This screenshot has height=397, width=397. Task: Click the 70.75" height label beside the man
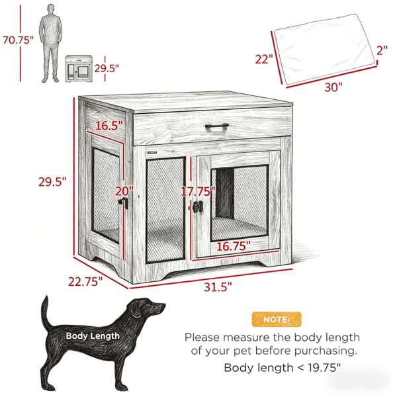point(18,40)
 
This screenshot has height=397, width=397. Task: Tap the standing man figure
point(51,43)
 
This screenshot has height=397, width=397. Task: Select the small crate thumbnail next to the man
point(79,69)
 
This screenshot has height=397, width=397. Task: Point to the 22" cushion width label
point(264,60)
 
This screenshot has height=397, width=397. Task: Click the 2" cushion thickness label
point(382,50)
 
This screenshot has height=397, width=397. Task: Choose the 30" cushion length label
point(333,87)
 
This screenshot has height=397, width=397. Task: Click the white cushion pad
point(325,50)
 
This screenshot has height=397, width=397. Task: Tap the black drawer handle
point(217,126)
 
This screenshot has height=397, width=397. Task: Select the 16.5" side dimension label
point(109,125)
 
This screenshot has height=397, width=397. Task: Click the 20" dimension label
point(124,191)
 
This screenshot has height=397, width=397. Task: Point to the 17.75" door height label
point(198,191)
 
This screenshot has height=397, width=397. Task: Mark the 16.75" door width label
point(234,246)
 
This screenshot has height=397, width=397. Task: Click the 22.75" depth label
point(85,282)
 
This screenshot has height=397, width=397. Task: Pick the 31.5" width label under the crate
point(218,287)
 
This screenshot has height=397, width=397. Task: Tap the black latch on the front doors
point(198,206)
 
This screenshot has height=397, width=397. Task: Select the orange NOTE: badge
point(277,320)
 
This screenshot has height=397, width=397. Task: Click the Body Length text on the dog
point(93,336)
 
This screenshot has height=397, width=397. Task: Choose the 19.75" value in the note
point(324,368)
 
